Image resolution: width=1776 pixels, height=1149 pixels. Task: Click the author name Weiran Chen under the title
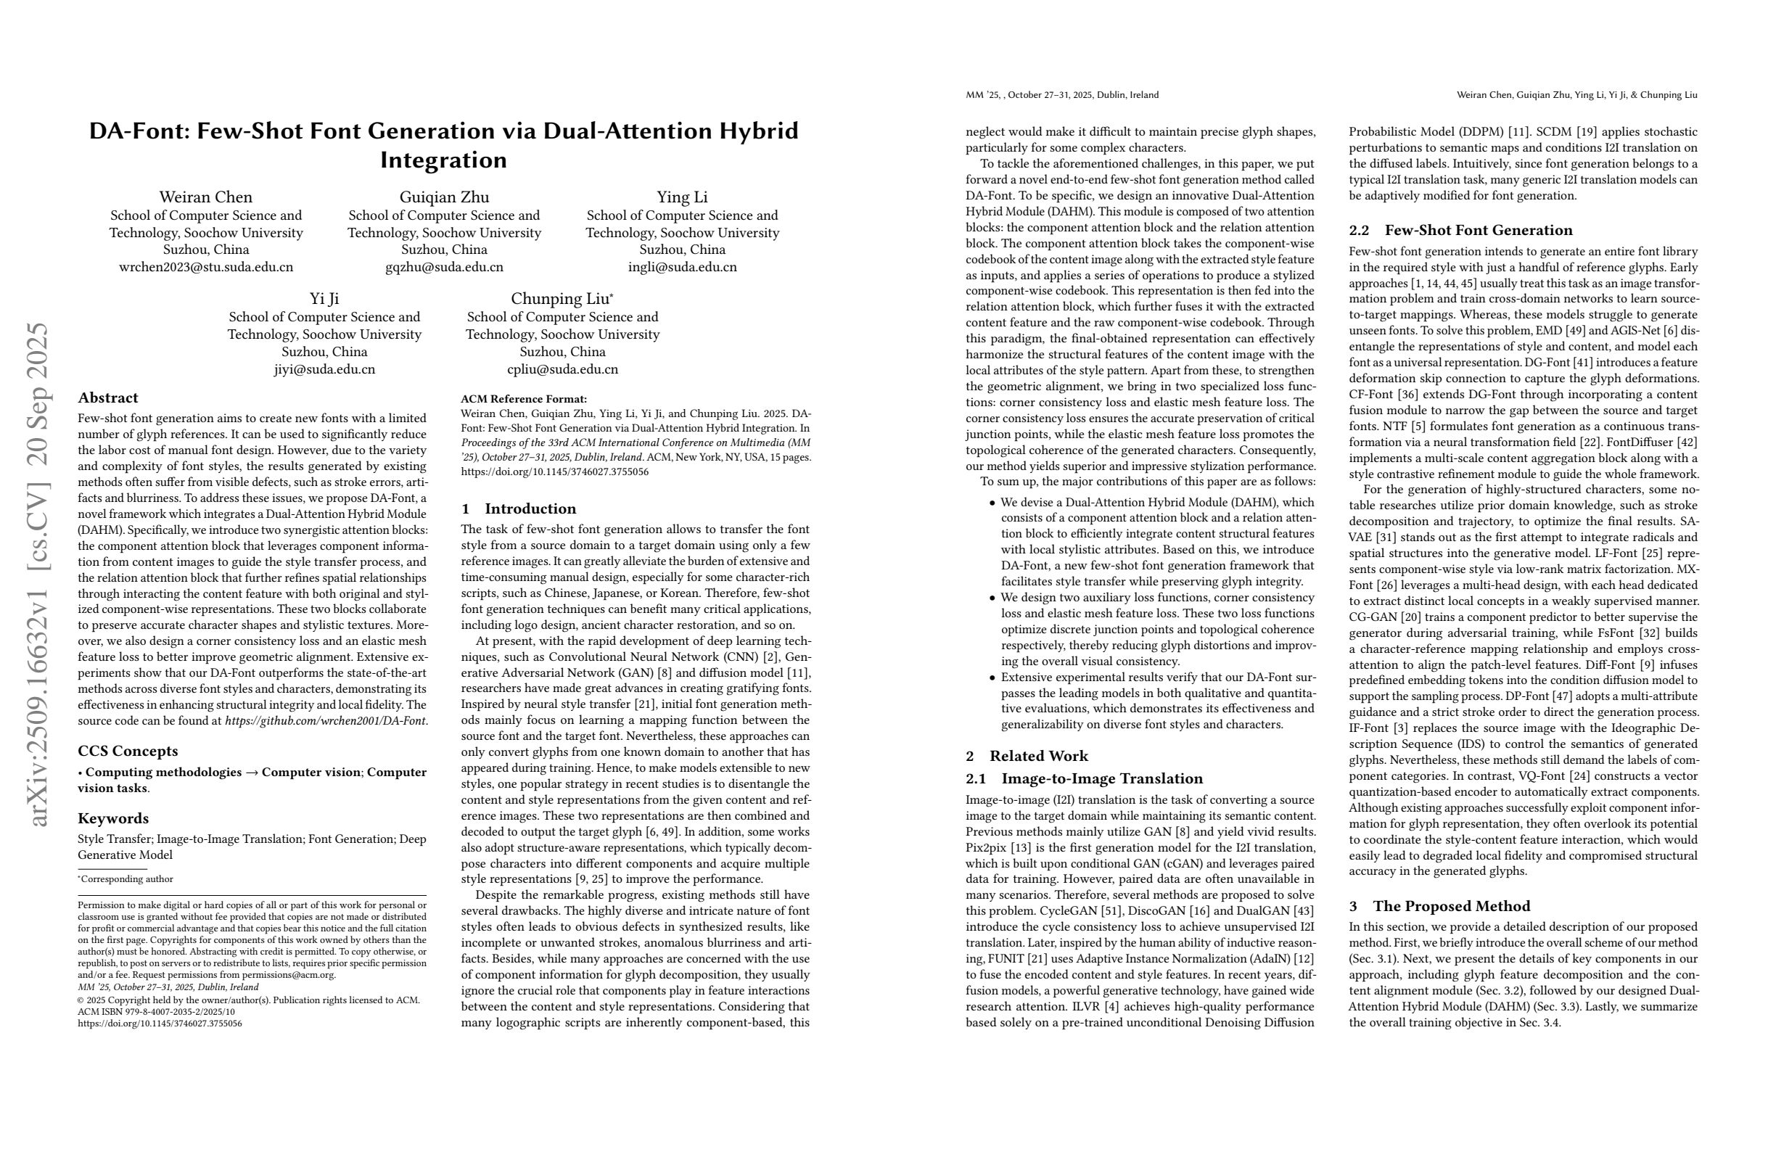[x=206, y=197]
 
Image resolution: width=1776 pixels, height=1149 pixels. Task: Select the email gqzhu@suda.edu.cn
[x=444, y=267]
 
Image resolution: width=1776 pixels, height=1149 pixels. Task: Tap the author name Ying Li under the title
[x=682, y=197]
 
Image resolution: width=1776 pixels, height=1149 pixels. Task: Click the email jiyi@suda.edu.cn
[x=324, y=369]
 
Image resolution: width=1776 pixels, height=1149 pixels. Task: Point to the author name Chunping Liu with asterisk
[x=562, y=299]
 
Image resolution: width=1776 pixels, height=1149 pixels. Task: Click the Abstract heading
[x=108, y=398]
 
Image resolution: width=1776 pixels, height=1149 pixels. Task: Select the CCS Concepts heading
[x=128, y=751]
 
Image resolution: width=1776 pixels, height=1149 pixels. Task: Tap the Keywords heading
[x=113, y=818]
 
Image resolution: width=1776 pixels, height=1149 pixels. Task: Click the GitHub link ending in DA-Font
[x=326, y=721]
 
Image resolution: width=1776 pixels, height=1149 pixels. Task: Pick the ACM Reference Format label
[x=524, y=399]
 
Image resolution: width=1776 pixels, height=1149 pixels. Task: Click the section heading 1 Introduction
[x=519, y=508]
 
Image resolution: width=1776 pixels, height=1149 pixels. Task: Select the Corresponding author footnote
[x=127, y=879]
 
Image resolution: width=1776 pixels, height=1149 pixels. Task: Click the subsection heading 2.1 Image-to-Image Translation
[x=1085, y=779]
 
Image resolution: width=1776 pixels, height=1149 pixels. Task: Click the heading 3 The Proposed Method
[x=1439, y=906]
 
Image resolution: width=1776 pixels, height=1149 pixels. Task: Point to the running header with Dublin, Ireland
[x=1062, y=95]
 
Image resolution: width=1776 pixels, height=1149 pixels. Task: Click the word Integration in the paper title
[x=443, y=160]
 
